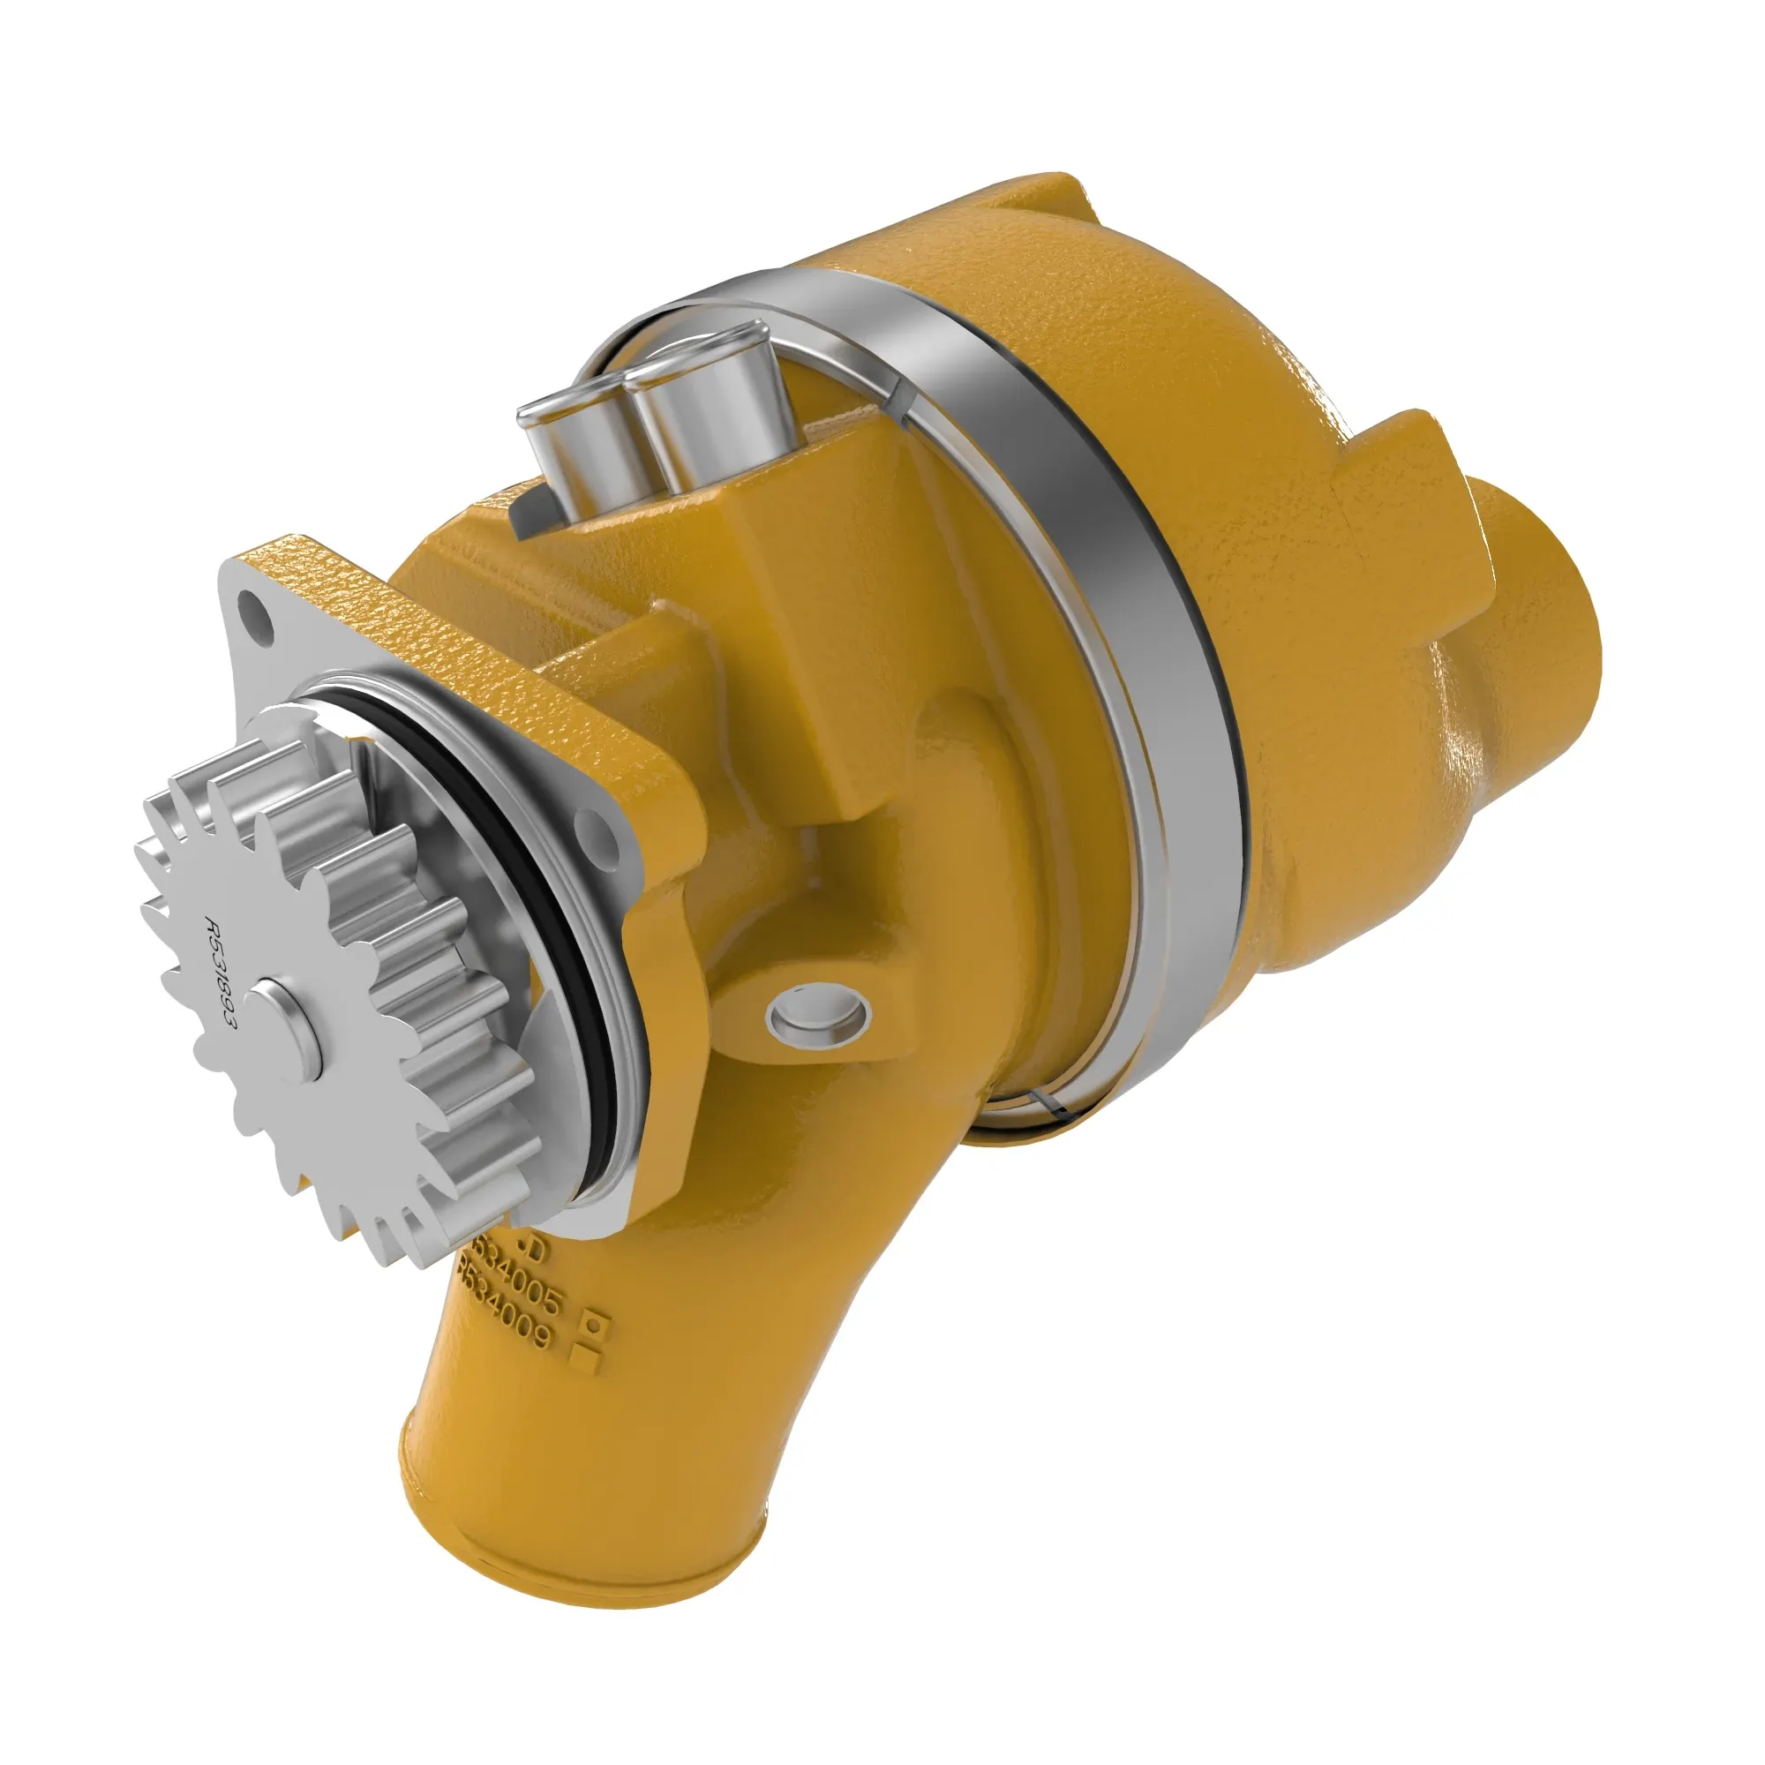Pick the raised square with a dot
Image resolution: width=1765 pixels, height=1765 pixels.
[x=596, y=1322]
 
